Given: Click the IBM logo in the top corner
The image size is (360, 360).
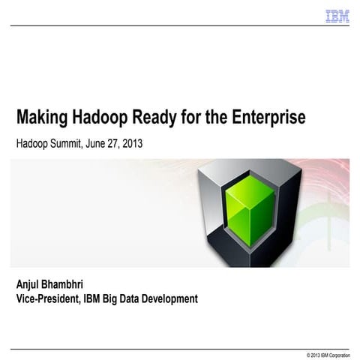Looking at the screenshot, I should [337, 16].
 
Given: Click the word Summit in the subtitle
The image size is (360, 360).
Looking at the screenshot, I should [69, 142].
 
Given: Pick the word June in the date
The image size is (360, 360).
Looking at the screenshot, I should [103, 142].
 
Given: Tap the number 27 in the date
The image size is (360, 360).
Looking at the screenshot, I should [122, 142].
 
